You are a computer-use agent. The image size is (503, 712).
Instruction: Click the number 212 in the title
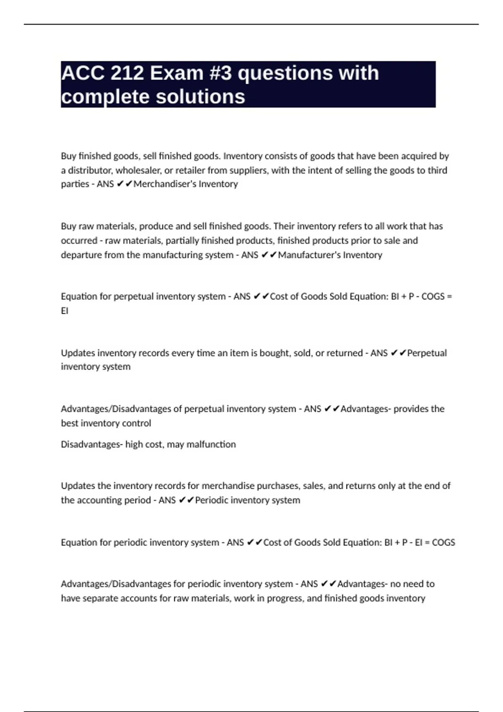tap(127, 73)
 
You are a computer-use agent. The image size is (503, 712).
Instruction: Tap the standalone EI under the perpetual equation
tap(65, 311)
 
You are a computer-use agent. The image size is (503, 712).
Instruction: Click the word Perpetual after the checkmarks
tap(427, 353)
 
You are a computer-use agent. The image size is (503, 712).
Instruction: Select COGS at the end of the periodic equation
tap(443, 542)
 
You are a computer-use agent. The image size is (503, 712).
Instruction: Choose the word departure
tap(81, 255)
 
